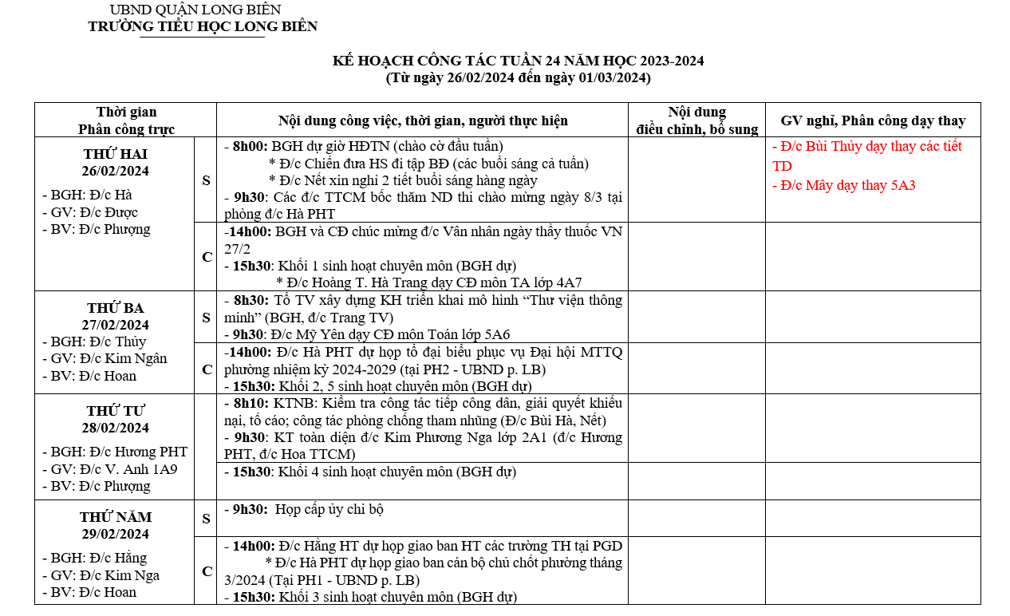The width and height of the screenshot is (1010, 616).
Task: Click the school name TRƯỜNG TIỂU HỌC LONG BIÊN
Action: [x=203, y=26]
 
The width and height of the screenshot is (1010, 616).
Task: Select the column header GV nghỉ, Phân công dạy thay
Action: [x=873, y=120]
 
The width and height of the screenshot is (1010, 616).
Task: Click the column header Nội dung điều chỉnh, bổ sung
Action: [x=696, y=120]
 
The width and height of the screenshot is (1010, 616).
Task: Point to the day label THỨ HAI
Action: [x=115, y=153]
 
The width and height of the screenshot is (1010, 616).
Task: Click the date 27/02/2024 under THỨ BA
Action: [x=115, y=325]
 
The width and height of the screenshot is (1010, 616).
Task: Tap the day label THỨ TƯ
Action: [x=115, y=411]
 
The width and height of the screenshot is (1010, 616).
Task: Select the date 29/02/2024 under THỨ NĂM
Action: [x=115, y=534]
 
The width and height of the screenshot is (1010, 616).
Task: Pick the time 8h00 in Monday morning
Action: [x=250, y=146]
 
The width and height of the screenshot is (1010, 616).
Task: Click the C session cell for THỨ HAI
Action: [x=206, y=256]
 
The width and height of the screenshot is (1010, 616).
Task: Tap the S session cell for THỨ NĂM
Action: [x=206, y=519]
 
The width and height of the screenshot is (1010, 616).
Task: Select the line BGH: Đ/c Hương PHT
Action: [x=115, y=452]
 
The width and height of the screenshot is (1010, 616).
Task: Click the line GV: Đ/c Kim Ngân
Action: [x=105, y=359]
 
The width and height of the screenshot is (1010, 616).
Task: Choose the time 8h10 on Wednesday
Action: [x=251, y=403]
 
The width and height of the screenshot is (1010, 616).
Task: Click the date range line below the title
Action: [x=518, y=78]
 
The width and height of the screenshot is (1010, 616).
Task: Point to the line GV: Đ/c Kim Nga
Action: [x=101, y=575]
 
